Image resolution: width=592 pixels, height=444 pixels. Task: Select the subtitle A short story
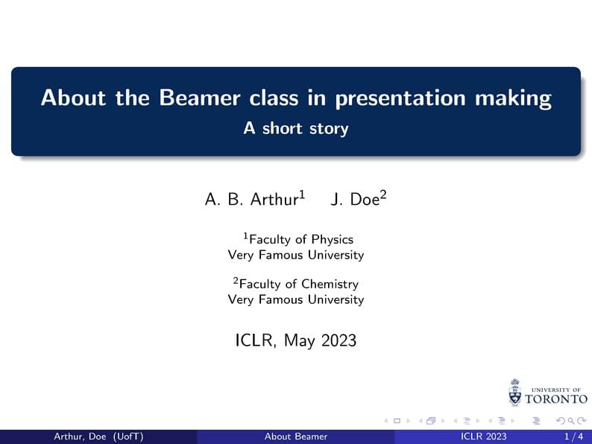[296, 128]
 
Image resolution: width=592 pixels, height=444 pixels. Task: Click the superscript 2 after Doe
[384, 195]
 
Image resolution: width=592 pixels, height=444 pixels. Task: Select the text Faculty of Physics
[300, 240]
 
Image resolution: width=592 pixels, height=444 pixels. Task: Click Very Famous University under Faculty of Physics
[296, 255]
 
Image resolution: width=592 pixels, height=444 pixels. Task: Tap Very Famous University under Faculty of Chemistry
[296, 299]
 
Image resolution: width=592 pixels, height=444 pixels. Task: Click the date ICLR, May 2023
[296, 341]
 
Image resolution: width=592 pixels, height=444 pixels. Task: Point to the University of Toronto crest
[514, 392]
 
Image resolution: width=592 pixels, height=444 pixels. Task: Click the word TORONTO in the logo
[556, 399]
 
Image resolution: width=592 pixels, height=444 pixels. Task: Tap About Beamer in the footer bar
[296, 437]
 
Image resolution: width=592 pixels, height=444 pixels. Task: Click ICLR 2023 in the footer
[484, 437]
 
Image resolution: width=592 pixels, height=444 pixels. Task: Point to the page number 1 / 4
[573, 437]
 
